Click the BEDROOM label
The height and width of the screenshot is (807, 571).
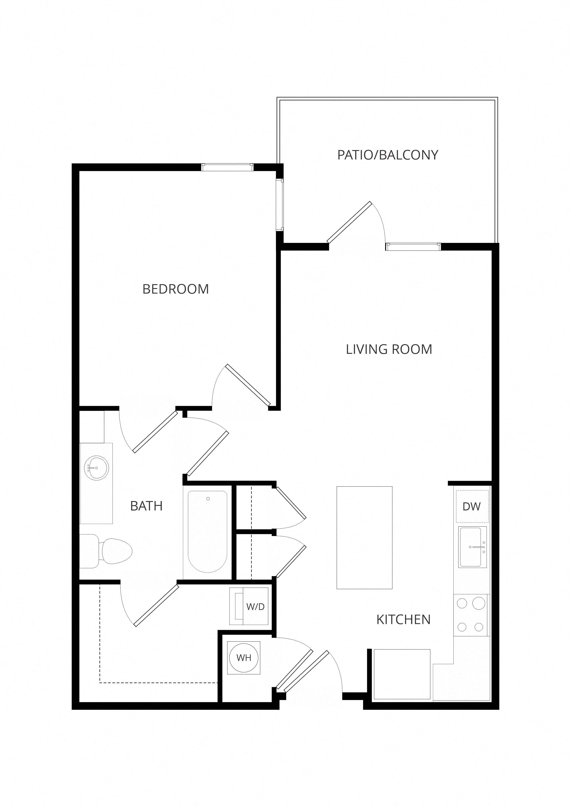tap(176, 289)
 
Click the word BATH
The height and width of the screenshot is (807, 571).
tap(146, 506)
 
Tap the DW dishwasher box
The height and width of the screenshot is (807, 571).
tap(472, 507)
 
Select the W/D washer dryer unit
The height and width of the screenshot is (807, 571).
tap(249, 606)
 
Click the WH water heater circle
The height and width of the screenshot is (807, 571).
tap(244, 658)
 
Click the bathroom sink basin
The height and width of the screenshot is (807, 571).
tap(97, 468)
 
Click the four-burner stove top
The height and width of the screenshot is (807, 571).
tap(471, 615)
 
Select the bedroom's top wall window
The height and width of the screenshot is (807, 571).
tap(227, 167)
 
